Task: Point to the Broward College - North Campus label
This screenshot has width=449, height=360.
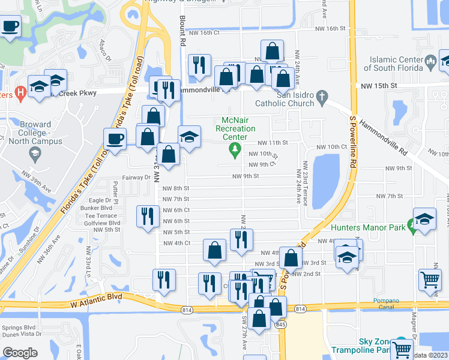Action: (x=35, y=133)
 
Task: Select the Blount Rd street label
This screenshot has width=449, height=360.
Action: (x=183, y=30)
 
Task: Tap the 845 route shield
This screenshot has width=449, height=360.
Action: (x=282, y=325)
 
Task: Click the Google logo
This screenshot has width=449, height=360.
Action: (x=20, y=352)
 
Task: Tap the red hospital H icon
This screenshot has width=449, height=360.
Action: (x=20, y=94)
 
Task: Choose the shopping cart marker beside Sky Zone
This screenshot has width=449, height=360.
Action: (x=402, y=348)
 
